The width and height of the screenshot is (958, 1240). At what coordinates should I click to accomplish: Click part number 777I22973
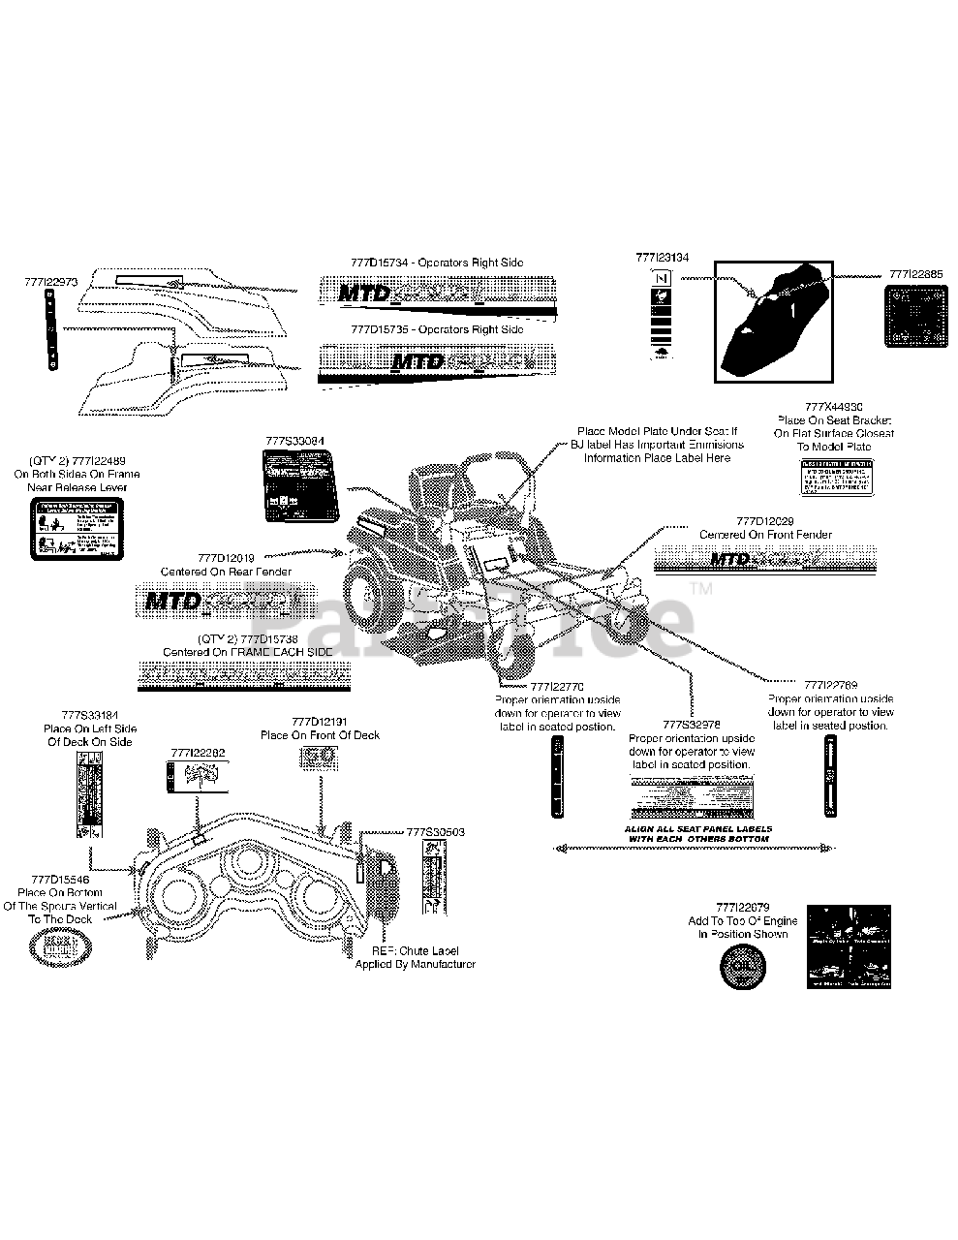(x=50, y=282)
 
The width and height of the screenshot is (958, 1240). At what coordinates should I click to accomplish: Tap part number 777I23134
(x=663, y=258)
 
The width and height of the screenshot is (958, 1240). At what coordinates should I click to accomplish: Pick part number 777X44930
(x=834, y=407)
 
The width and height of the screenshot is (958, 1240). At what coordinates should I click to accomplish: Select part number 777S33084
(x=294, y=441)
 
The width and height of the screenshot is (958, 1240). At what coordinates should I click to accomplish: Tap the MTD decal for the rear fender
(x=216, y=602)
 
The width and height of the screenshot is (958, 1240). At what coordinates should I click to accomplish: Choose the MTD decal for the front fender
(x=766, y=559)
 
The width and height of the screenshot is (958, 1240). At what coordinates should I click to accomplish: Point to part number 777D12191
(x=320, y=722)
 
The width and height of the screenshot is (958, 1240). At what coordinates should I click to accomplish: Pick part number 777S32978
(x=692, y=725)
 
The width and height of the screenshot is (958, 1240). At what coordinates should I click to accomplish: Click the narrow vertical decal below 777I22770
(x=557, y=776)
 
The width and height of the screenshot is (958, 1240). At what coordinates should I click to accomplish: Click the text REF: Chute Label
(x=416, y=951)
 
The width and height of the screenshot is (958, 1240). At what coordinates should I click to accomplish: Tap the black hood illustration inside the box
(x=773, y=321)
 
